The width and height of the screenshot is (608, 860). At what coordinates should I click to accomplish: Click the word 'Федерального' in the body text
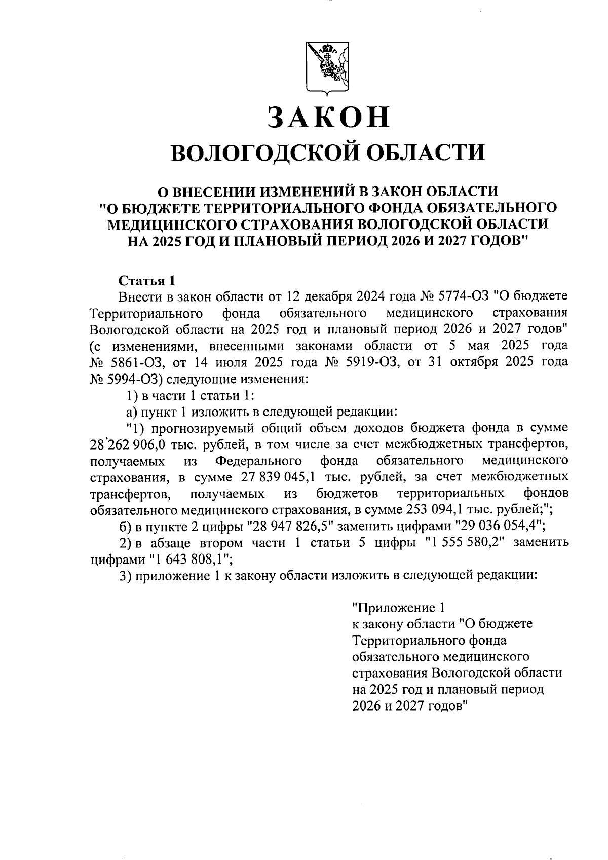point(258,461)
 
